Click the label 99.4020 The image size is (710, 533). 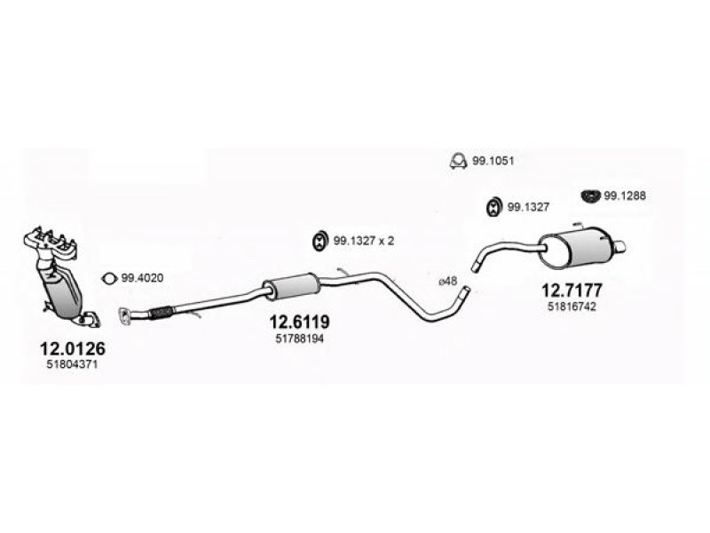[x=143, y=278]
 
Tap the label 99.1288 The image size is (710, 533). [x=626, y=197]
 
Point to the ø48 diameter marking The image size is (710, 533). [x=448, y=282]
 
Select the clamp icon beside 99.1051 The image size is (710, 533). [x=458, y=161]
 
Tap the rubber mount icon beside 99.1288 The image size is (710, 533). [x=590, y=195]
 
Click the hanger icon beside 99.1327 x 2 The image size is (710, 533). [x=319, y=240]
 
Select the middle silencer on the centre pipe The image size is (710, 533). [x=290, y=287]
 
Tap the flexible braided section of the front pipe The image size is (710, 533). [x=162, y=311]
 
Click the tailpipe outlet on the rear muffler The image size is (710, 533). [x=623, y=246]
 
